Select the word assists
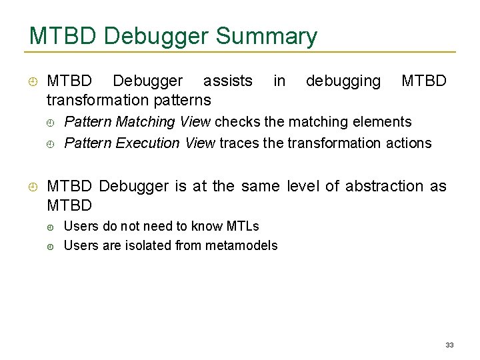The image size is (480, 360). pyautogui.click(x=227, y=81)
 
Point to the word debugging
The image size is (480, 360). pyautogui.click(x=343, y=81)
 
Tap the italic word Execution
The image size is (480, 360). pyautogui.click(x=149, y=143)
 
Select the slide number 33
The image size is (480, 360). pyautogui.click(x=449, y=345)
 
